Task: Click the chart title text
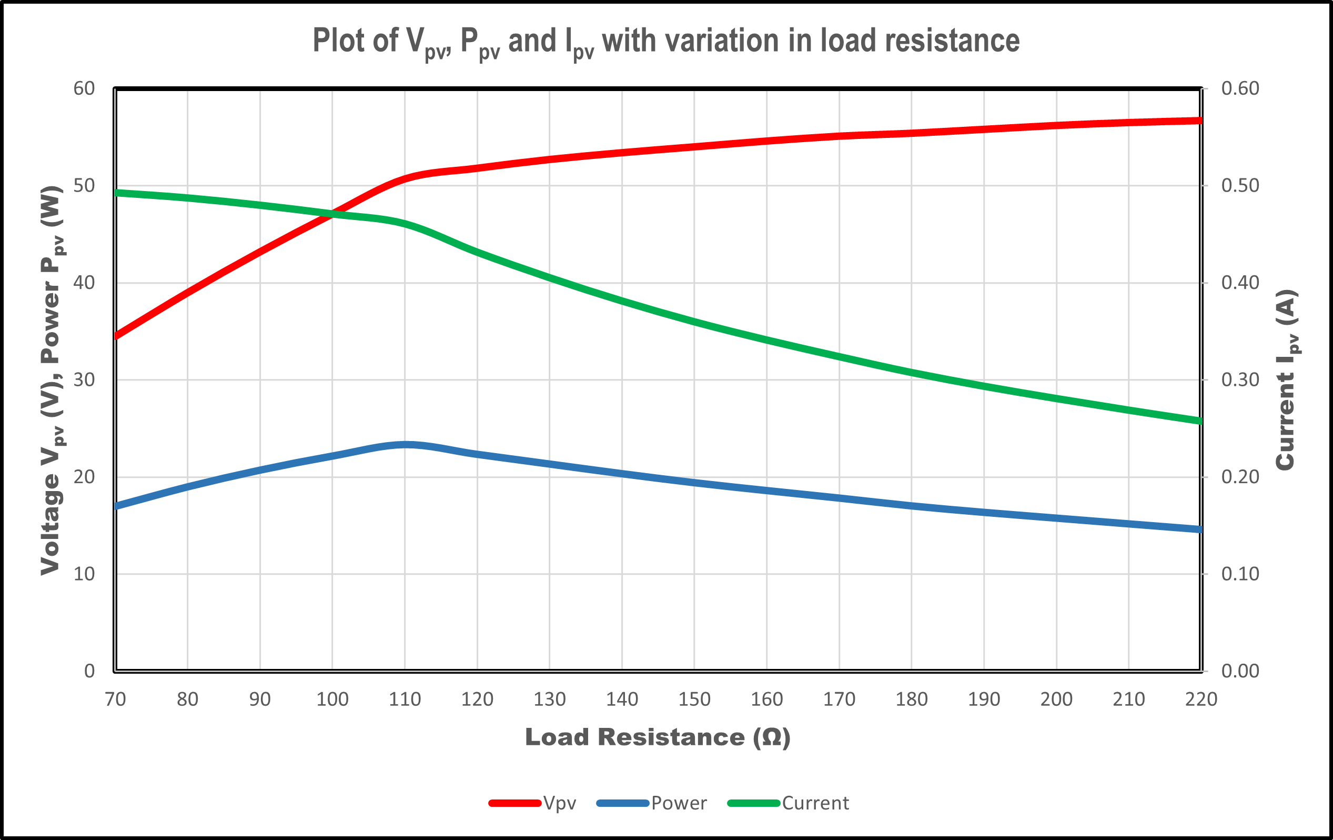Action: [666, 42]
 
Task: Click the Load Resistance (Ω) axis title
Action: [658, 737]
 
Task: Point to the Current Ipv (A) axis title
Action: [1287, 380]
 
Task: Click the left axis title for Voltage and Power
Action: [52, 380]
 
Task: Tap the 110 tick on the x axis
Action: [405, 699]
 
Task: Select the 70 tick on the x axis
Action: [115, 699]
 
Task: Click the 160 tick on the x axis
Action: [766, 699]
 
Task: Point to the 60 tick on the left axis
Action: [84, 88]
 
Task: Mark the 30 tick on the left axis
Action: [84, 380]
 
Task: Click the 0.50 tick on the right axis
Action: [1240, 185]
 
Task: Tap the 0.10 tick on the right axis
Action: [1240, 574]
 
